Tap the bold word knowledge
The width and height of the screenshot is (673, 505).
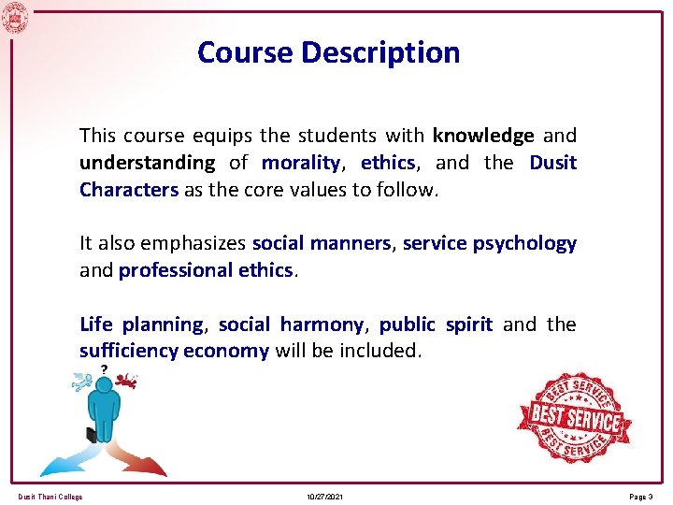pyautogui.click(x=483, y=136)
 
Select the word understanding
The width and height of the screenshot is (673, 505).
pyautogui.click(x=147, y=163)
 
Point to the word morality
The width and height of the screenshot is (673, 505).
pyautogui.click(x=299, y=163)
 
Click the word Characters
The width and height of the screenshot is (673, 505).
pyautogui.click(x=128, y=190)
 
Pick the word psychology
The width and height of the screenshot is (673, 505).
pyautogui.click(x=524, y=243)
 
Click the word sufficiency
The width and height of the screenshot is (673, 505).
pyautogui.click(x=128, y=352)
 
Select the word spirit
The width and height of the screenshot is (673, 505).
pyautogui.click(x=468, y=325)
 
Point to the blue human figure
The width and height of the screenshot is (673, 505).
pyautogui.click(x=103, y=411)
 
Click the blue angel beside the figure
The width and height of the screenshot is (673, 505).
pyautogui.click(x=82, y=381)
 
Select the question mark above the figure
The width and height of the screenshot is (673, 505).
pyautogui.click(x=103, y=368)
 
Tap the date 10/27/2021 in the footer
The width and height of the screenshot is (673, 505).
pyautogui.click(x=324, y=497)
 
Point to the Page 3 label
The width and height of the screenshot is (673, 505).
pyautogui.click(x=639, y=497)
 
